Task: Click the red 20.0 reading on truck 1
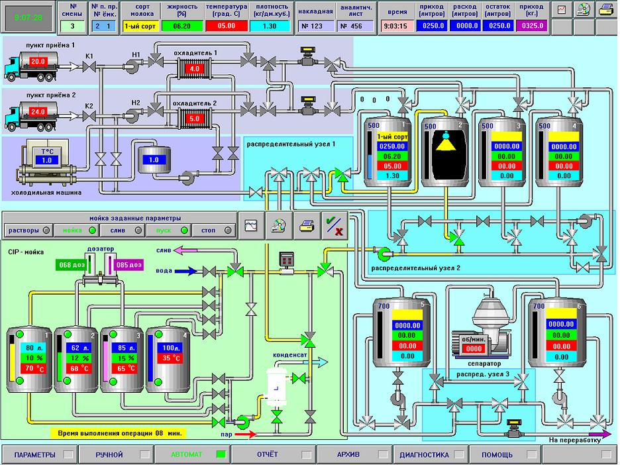click(x=38, y=62)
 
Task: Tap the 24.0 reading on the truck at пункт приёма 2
click(x=38, y=112)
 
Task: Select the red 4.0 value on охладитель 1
click(x=195, y=68)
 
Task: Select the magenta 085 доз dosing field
click(x=129, y=265)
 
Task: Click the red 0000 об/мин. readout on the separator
click(x=474, y=349)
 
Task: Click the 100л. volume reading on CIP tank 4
click(x=172, y=348)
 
